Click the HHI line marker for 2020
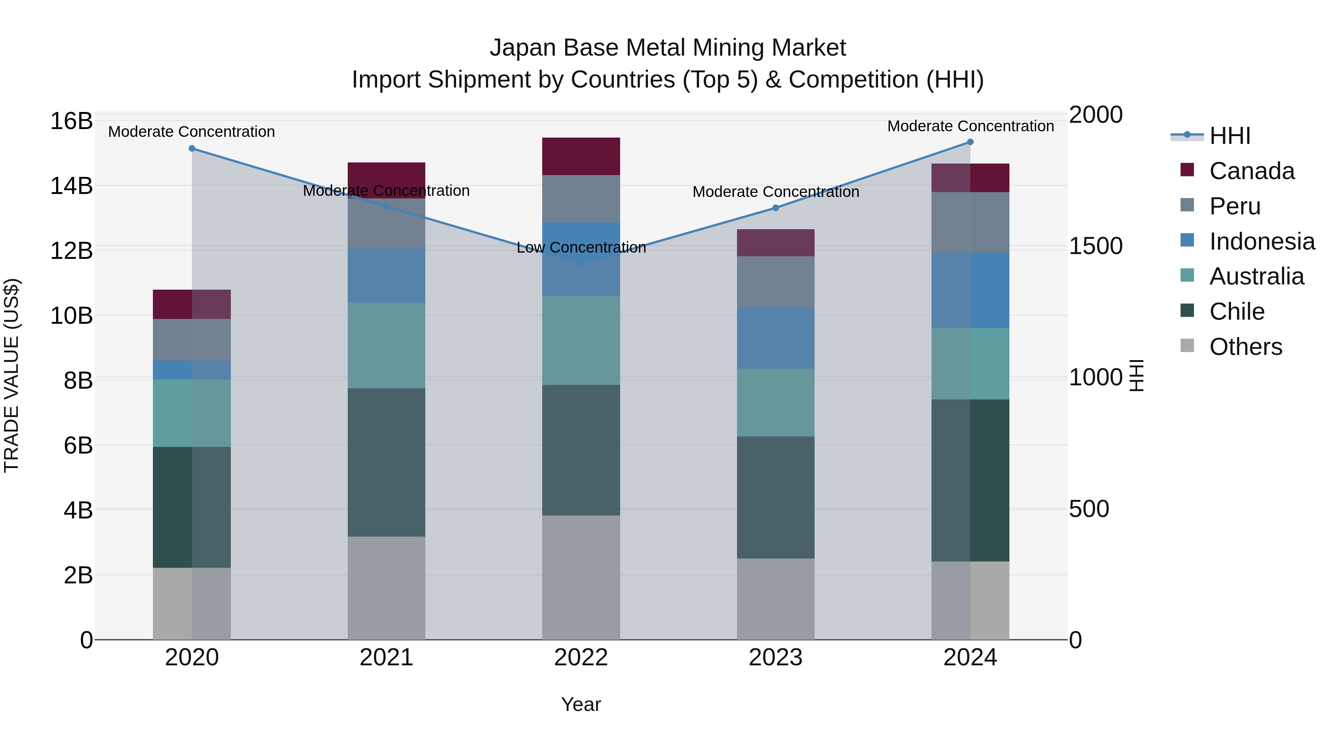point(192,148)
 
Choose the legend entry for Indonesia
point(1261,241)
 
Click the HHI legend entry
point(1229,136)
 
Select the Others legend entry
point(1245,347)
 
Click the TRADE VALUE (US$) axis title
point(12,375)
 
